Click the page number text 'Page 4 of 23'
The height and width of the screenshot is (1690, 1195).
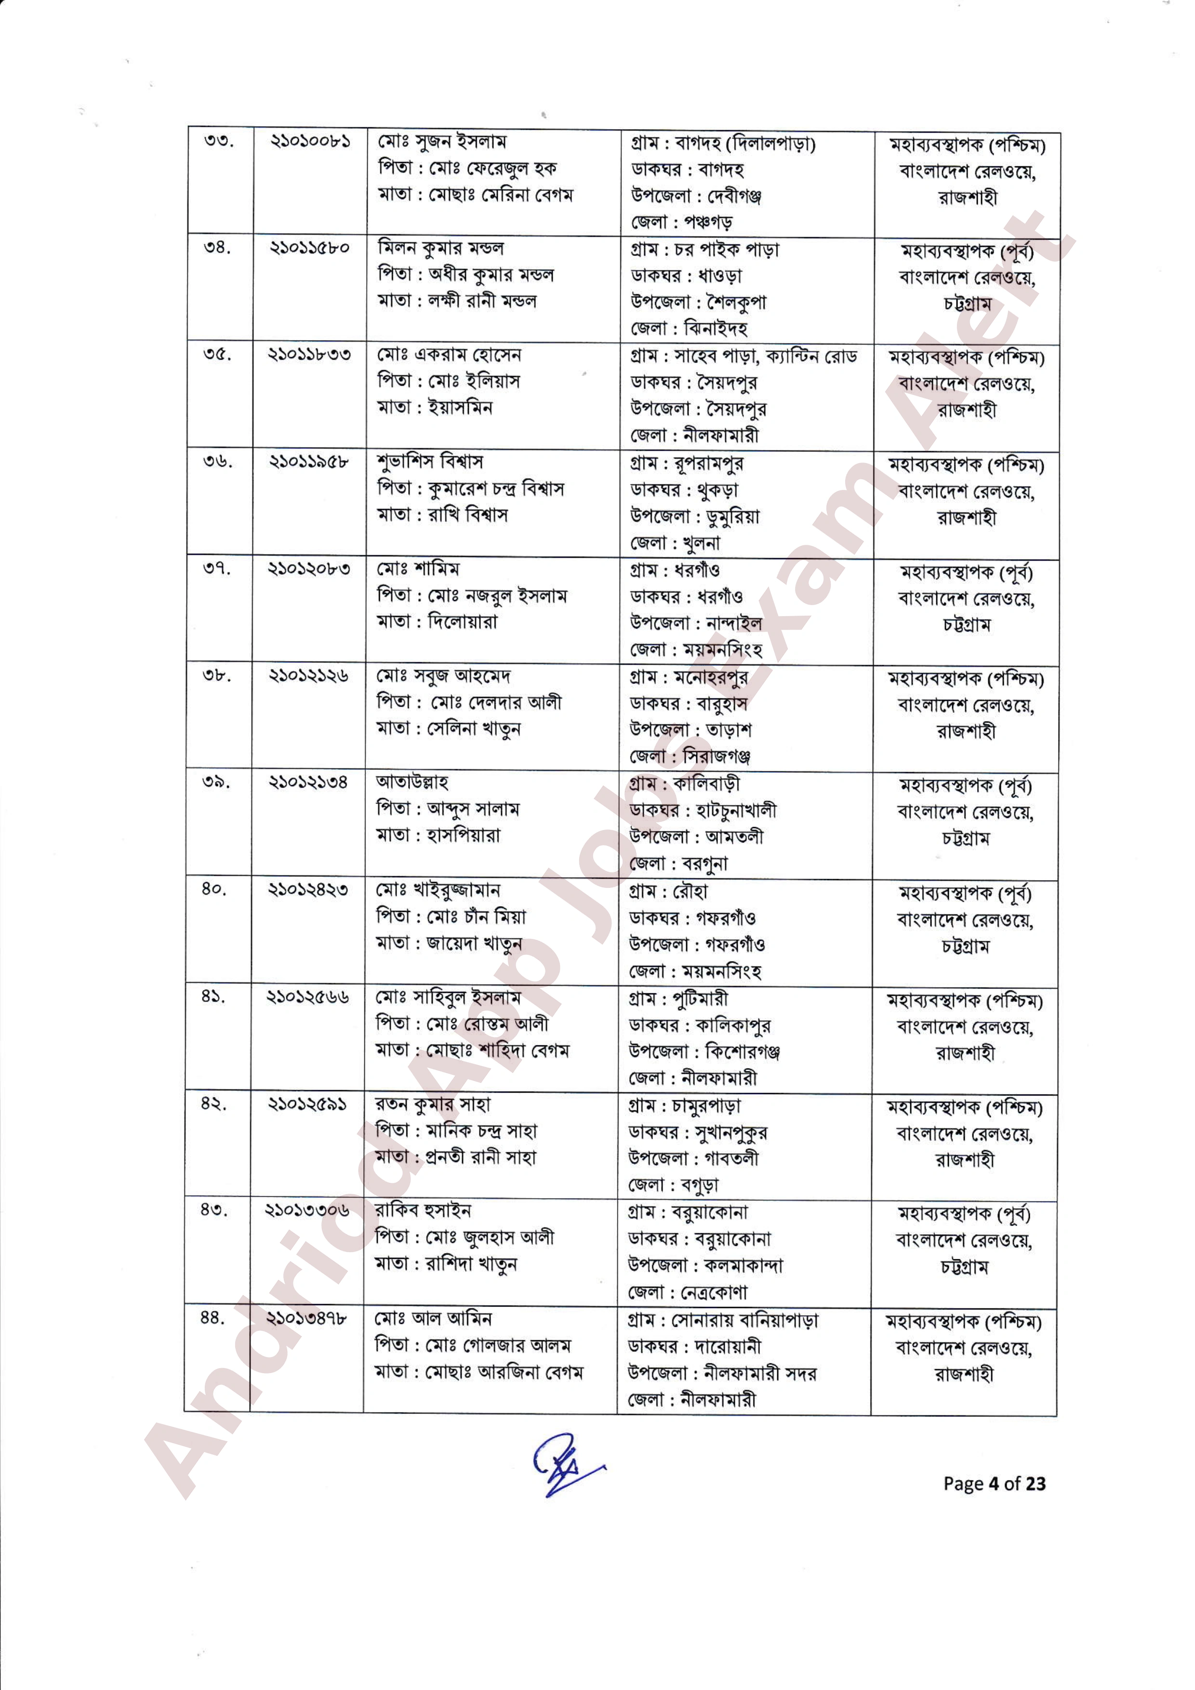click(x=994, y=1484)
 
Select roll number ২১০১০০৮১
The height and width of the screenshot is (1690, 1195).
click(x=309, y=141)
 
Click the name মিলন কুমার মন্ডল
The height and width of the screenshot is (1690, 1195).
click(x=440, y=248)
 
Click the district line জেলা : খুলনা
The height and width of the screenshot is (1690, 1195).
click(x=675, y=543)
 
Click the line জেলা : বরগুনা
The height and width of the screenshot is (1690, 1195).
click(x=677, y=863)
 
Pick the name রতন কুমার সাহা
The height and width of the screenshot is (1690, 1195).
click(x=432, y=1104)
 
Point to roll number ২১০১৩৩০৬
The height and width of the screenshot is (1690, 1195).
click(x=307, y=1211)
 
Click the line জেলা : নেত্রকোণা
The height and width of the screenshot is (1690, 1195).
click(x=687, y=1292)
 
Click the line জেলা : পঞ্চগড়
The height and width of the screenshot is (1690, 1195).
click(x=681, y=222)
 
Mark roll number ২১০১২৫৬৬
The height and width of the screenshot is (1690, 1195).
click(x=308, y=997)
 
